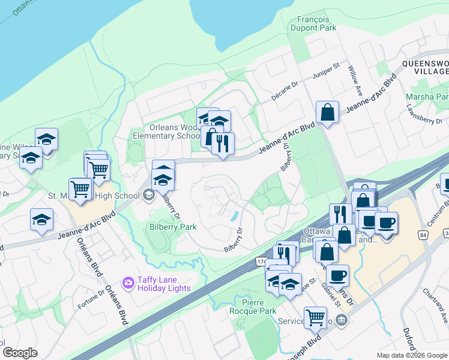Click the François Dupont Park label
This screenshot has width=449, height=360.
313,23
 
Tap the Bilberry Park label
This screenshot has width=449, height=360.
172,227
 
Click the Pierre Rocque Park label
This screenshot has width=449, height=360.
253,307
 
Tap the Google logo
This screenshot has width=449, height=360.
20,352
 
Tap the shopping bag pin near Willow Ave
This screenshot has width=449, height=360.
327,112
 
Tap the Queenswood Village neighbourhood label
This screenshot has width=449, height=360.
425,66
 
